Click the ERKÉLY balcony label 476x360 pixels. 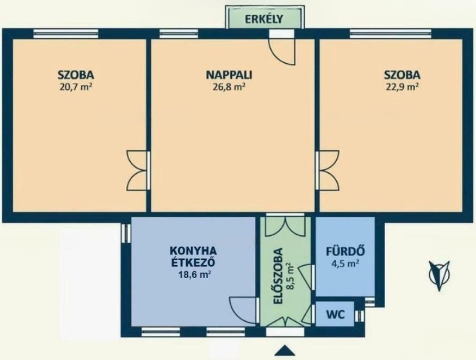pyautogui.click(x=264, y=19)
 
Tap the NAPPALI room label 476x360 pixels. pyautogui.click(x=229, y=74)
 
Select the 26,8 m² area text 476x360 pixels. pyautogui.click(x=229, y=87)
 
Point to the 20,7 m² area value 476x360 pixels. pyautogui.click(x=76, y=87)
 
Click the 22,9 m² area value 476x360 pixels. pyautogui.click(x=402, y=87)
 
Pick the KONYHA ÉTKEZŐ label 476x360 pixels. pyautogui.click(x=193, y=256)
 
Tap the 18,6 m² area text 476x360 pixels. pyautogui.click(x=195, y=275)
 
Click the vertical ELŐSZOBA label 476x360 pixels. pyautogui.click(x=279, y=276)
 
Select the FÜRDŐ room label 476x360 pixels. pyautogui.click(x=346, y=252)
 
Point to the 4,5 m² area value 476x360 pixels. pyautogui.click(x=346, y=263)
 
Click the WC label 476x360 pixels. pyautogui.click(x=336, y=314)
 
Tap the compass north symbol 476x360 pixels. pyautogui.click(x=439, y=275)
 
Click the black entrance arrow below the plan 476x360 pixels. pyautogui.click(x=285, y=350)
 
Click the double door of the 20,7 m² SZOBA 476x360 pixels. pyautogui.click(x=137, y=171)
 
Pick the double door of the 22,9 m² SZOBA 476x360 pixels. pyautogui.click(x=327, y=171)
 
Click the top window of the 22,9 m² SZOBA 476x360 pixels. pyautogui.click(x=390, y=33)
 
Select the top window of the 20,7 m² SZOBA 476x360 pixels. pyautogui.click(x=66, y=33)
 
